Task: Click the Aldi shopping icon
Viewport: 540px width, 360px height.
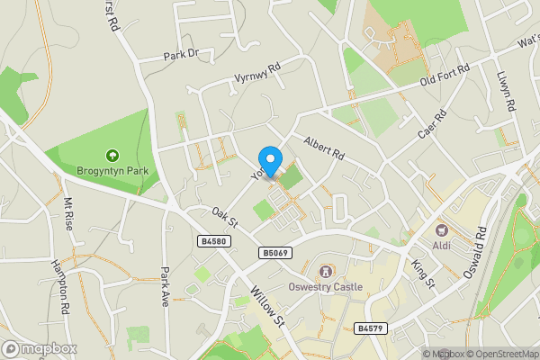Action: (x=441, y=230)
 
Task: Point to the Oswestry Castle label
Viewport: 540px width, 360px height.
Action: (x=325, y=287)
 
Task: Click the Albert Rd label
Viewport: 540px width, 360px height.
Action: (x=324, y=148)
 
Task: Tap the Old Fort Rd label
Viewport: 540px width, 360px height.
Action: (x=447, y=77)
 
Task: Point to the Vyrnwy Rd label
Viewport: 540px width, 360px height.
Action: (x=256, y=72)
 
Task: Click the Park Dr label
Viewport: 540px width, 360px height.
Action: (x=180, y=55)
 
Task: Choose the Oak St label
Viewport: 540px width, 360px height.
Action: (x=223, y=218)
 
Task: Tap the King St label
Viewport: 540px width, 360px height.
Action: (x=422, y=274)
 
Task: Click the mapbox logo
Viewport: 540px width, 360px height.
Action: (x=40, y=348)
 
